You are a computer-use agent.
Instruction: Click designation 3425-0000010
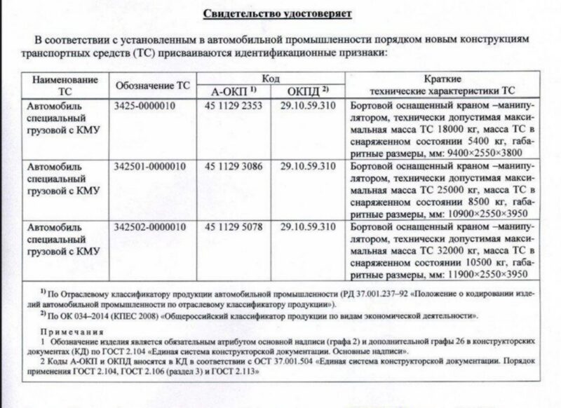[144, 107]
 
